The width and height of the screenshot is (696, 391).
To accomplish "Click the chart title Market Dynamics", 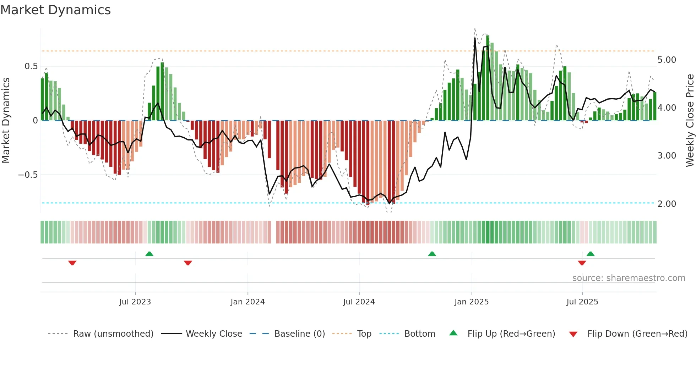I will (55, 10).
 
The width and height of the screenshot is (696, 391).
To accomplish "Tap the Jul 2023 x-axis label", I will (135, 302).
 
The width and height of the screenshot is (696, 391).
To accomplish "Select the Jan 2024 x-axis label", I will (248, 302).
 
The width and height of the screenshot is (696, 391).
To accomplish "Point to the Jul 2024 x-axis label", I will (359, 302).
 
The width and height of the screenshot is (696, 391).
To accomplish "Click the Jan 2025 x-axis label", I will (471, 302).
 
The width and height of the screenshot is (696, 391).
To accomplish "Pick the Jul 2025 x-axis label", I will (582, 302).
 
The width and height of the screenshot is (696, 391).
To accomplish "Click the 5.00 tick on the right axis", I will (667, 60).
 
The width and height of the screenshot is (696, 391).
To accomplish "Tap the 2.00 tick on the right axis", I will (667, 204).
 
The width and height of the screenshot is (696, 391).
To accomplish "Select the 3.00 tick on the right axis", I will (667, 156).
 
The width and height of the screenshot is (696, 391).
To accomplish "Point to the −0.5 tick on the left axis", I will (28, 175).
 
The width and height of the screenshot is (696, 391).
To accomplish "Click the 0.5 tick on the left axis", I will (31, 66).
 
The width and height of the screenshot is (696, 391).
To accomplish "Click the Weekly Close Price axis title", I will (690, 120).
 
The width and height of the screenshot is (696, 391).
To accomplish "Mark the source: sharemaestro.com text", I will (629, 278).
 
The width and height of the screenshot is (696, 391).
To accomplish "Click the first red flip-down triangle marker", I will (72, 263).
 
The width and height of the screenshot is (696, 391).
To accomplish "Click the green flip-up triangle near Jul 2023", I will (149, 254).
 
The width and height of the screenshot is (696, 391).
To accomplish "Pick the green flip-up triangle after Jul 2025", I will (590, 254).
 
